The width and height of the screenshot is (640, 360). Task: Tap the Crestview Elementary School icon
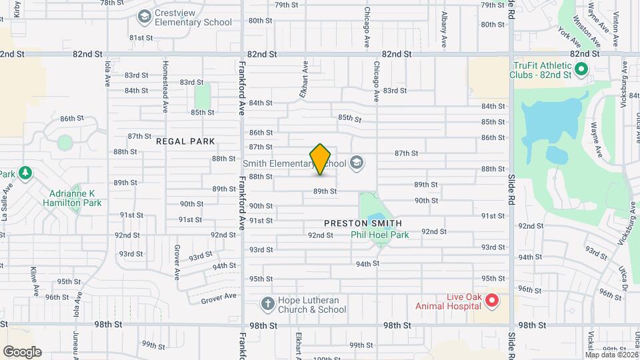[x=143, y=15]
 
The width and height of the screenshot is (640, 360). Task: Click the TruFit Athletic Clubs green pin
[x=581, y=68]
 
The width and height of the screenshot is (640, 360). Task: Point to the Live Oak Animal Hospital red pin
[x=492, y=301]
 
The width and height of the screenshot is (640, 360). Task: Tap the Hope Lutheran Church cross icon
[x=267, y=305]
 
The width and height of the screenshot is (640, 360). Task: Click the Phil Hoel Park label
[x=380, y=235]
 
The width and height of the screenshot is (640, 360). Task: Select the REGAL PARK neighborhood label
[x=185, y=141]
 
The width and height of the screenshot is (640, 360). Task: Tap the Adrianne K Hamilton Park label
[x=70, y=198]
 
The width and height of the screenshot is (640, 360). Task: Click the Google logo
[x=22, y=351]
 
